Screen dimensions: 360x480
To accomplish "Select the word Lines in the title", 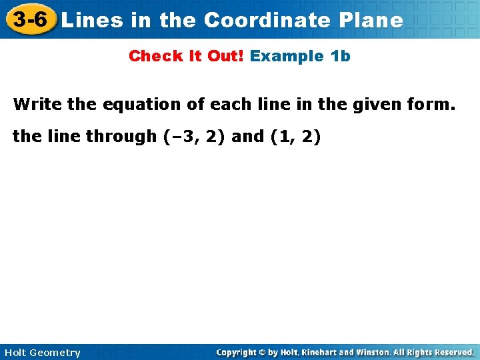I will coord(91,20).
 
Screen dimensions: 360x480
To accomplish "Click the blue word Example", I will coord(287,56).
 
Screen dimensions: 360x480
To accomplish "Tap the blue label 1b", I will coord(340,56).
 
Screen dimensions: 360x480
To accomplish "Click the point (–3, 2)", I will coord(193,137).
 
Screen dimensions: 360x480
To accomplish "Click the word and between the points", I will coord(247,137).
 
